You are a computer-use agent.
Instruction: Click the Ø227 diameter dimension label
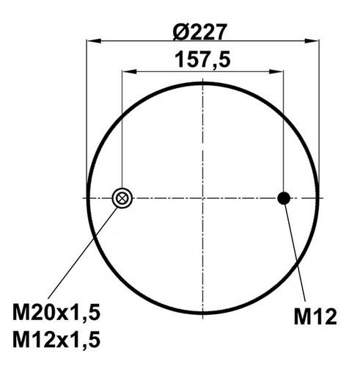[199, 32]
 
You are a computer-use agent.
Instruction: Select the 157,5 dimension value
[202, 60]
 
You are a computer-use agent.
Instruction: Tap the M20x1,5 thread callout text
[56, 313]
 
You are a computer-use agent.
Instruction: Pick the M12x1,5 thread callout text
[56, 339]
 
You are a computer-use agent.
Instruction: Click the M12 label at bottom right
[315, 316]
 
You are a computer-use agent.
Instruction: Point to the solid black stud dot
[284, 198]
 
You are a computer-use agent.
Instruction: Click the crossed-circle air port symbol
[122, 198]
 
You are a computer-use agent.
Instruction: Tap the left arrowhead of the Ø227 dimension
[94, 41]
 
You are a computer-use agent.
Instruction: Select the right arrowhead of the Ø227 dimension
[312, 41]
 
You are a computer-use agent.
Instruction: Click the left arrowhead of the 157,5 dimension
[129, 72]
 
